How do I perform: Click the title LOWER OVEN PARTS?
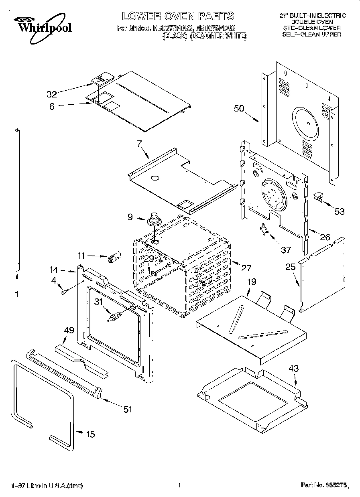[x=178, y=16]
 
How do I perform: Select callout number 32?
[x=52, y=94]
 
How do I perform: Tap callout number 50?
[x=239, y=108]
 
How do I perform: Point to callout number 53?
[x=340, y=211]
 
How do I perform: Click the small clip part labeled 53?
[x=318, y=196]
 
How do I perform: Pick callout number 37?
[x=285, y=250]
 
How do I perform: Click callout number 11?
[x=81, y=255]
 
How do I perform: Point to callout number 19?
[x=251, y=282]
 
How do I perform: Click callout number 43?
[x=294, y=369]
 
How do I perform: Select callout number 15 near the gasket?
[x=91, y=434]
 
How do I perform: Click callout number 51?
[x=128, y=409]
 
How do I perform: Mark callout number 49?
[x=69, y=330]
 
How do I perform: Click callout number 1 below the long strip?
[x=16, y=294]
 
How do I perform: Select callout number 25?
[x=291, y=266]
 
